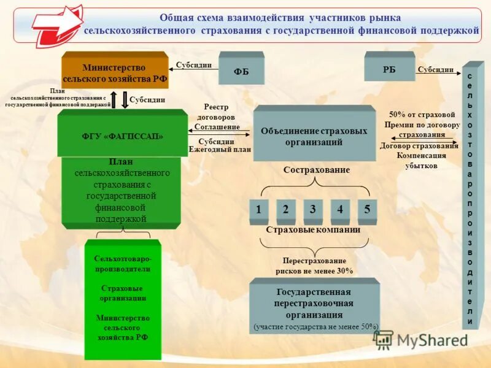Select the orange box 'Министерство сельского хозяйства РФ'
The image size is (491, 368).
tap(115, 73)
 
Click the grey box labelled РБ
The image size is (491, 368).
tap(389, 68)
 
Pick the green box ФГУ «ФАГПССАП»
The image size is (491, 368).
tap(122, 136)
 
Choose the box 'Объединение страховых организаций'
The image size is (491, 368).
tap(314, 136)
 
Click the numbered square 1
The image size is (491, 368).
tap(259, 209)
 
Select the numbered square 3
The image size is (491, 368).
tap(313, 209)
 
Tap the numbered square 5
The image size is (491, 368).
tap(367, 209)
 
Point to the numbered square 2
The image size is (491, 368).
tap(286, 209)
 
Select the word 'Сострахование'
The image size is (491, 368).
tap(317, 170)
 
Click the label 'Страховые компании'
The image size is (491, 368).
tap(313, 229)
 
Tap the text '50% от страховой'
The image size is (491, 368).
tap(422, 114)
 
